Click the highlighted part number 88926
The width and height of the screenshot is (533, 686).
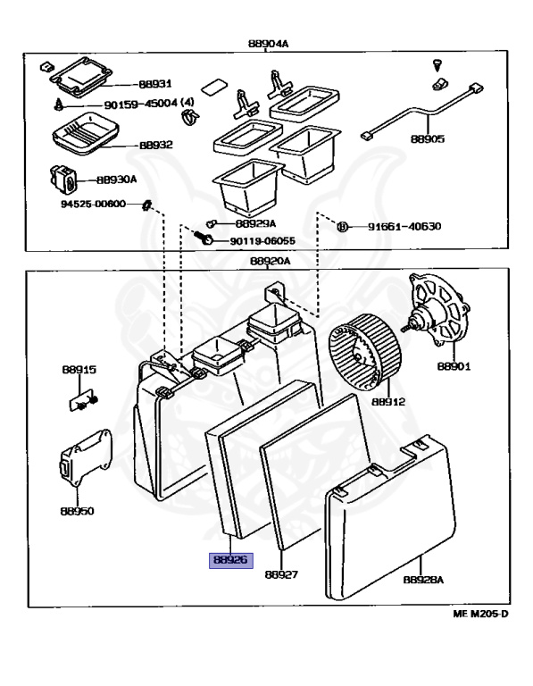(x=231, y=560)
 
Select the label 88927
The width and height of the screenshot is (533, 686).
(x=281, y=574)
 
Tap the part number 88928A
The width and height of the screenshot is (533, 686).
(x=423, y=580)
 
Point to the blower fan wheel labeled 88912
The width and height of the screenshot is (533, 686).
(x=364, y=352)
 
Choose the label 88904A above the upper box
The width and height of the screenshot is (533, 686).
(x=269, y=43)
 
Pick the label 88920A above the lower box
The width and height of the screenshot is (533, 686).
(x=271, y=261)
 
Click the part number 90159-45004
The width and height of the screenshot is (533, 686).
(x=141, y=105)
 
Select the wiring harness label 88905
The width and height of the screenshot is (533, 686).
(x=427, y=138)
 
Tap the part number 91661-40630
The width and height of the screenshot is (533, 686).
(x=404, y=226)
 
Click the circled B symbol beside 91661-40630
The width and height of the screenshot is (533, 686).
(x=343, y=226)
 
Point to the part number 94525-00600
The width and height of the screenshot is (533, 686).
(x=93, y=204)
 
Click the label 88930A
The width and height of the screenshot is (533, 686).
(x=117, y=180)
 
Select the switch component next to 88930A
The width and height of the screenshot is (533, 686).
(x=63, y=178)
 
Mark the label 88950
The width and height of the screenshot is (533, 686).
(x=77, y=511)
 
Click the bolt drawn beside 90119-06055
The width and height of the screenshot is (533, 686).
(x=204, y=237)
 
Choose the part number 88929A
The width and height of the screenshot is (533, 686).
(x=256, y=223)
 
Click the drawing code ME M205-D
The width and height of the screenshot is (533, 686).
(x=480, y=614)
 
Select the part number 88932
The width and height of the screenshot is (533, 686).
(x=156, y=145)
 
